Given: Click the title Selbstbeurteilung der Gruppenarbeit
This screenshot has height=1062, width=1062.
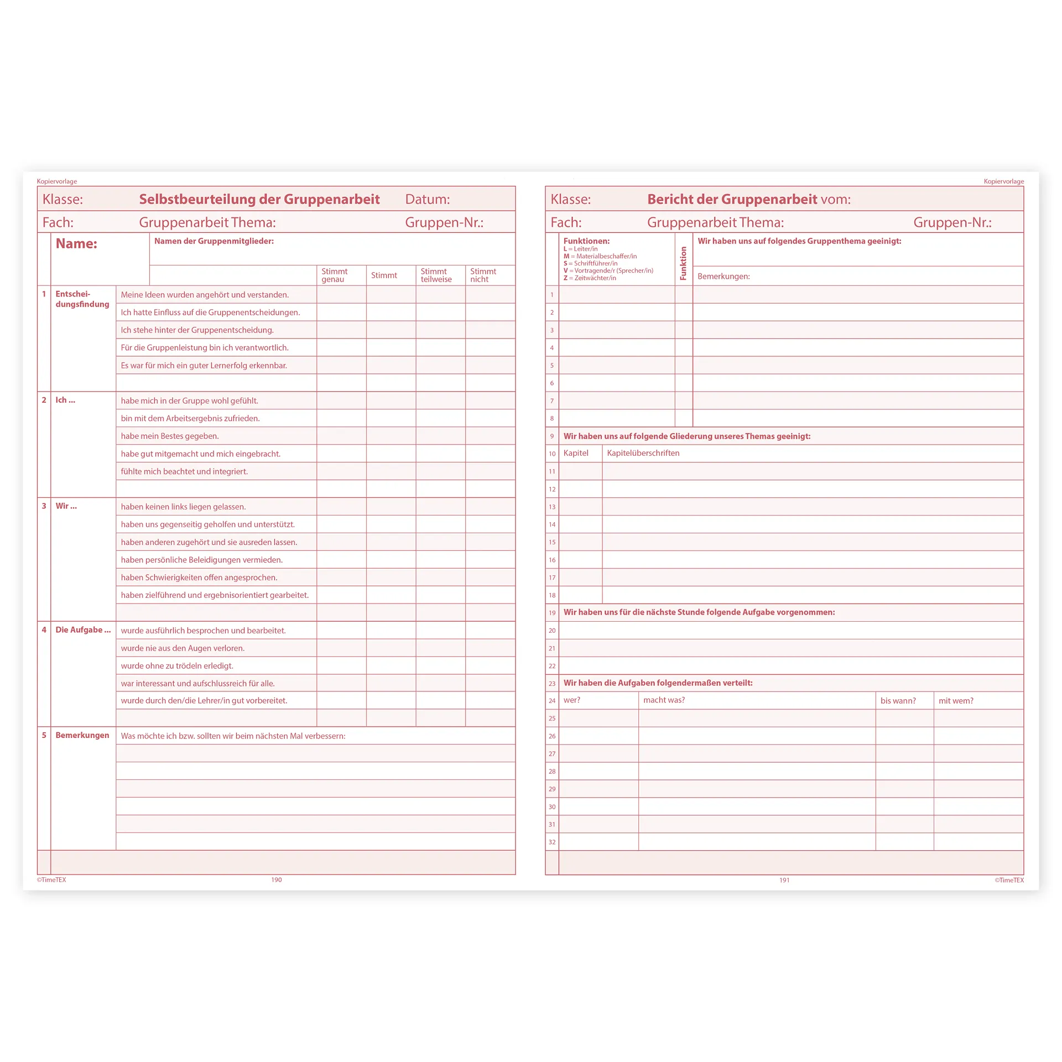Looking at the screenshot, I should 259,199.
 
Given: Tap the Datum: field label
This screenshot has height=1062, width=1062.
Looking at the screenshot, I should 427,199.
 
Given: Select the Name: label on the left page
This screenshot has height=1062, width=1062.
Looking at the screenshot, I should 76,244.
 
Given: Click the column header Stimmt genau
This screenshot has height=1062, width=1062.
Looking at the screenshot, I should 334,275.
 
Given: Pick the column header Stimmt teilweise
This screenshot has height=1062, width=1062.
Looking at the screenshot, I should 436,275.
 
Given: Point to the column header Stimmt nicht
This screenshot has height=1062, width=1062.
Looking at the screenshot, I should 483,275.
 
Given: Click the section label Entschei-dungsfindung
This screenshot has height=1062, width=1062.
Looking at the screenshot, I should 82,299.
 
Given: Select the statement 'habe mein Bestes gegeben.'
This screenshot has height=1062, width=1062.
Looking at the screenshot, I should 170,436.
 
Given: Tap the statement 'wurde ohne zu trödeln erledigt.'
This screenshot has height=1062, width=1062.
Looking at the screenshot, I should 177,665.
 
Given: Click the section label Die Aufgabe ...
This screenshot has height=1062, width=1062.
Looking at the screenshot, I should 83,629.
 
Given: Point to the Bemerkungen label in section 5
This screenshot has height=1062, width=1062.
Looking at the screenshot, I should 82,735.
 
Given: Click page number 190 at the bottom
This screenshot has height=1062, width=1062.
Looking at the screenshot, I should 277,879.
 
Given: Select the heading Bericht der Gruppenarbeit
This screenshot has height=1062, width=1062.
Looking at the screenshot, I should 732,199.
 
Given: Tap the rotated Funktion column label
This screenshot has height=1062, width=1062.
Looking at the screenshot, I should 683,263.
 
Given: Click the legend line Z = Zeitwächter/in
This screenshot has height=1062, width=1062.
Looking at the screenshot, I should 590,278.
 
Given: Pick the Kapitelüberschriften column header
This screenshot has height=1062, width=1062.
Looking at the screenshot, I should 643,453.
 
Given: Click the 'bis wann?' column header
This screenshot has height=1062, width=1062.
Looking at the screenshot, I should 898,700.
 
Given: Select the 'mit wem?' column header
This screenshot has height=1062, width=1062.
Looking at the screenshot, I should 956,700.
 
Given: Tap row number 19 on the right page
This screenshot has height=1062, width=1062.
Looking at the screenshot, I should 552,613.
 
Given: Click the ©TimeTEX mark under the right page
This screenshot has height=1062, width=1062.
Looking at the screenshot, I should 1009,880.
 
